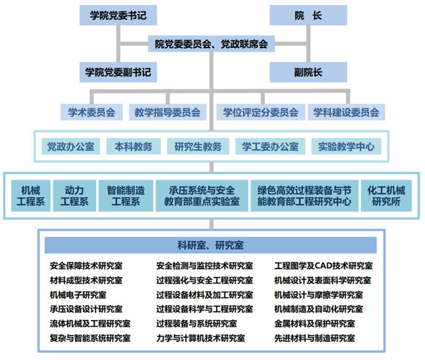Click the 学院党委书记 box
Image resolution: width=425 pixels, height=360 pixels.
[118, 15]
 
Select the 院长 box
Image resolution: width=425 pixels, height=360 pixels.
[308, 15]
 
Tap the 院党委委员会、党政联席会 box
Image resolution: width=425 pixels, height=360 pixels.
[211, 43]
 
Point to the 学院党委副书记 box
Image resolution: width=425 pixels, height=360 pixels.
[118, 72]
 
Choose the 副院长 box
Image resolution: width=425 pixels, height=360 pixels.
[308, 72]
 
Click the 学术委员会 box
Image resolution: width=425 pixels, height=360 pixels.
[91, 112]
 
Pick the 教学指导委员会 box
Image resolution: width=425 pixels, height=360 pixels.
[167, 112]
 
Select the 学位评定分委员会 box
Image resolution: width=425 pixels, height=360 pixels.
[260, 112]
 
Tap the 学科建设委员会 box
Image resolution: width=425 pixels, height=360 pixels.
[346, 112]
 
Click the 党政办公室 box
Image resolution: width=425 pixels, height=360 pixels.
[71, 146]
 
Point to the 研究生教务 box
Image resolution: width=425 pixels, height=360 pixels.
[198, 146]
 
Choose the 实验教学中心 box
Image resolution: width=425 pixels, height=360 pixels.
[346, 146]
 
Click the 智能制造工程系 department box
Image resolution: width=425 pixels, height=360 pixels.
[125, 196]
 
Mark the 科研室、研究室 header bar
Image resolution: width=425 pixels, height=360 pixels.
[211, 245]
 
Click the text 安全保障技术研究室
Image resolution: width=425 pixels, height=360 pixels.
[86, 266]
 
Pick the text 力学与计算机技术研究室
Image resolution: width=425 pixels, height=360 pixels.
[200, 338]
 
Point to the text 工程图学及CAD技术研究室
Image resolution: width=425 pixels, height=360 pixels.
[323, 266]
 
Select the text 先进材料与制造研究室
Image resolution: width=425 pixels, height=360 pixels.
[314, 338]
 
